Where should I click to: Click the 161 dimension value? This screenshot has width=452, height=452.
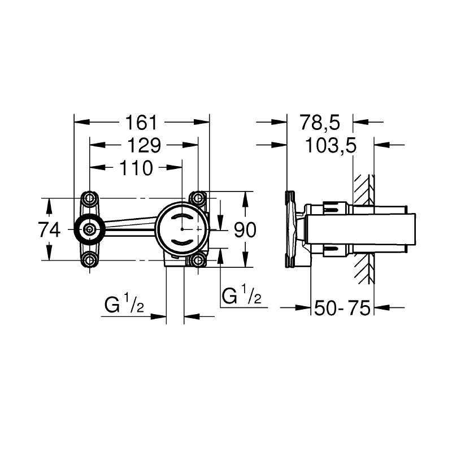141,122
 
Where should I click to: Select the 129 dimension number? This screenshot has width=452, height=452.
144,145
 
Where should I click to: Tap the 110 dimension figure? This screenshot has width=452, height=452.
136,168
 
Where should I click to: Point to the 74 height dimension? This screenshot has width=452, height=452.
49,230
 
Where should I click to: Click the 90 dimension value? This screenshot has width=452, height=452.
245,230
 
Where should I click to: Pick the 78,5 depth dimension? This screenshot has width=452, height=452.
320,122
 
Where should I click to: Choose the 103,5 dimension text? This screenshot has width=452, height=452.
331,145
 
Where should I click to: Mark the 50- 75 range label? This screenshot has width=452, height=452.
342,307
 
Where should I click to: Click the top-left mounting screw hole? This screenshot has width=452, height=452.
90,198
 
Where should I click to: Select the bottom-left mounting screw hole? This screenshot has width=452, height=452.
90,260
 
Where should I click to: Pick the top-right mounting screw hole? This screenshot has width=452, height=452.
198,198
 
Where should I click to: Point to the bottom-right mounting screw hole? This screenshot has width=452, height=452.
198,260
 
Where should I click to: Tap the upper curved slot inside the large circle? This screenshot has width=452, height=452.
182,218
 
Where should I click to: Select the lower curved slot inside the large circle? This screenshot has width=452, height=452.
182,242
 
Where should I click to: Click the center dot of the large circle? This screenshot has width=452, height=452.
182,229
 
